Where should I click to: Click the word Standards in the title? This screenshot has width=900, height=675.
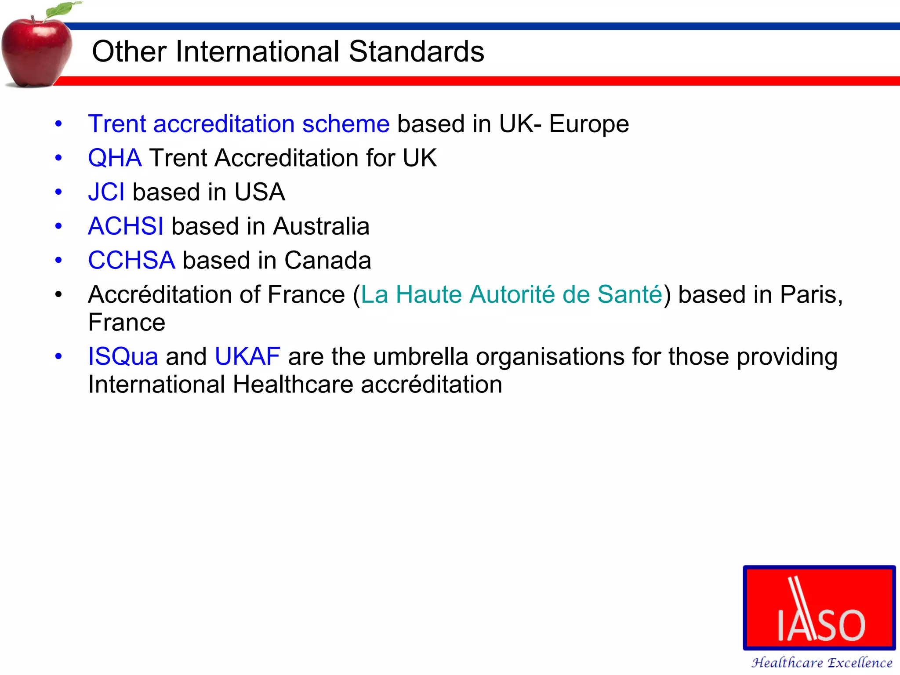[416, 51]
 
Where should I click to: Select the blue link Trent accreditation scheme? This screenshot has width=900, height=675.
[239, 124]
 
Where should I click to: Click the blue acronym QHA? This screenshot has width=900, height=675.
[115, 158]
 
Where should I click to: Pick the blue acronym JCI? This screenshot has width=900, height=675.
[106, 192]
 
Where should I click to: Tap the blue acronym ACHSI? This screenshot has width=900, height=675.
[126, 226]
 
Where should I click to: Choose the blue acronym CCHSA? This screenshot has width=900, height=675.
[131, 260]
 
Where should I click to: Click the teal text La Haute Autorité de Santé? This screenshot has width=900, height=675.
[511, 294]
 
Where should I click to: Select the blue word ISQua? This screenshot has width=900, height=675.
[123, 356]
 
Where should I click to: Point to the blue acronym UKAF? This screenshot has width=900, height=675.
[247, 356]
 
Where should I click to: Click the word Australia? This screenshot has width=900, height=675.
[321, 226]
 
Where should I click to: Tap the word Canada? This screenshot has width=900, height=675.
[327, 260]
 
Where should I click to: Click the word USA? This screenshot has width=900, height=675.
[260, 192]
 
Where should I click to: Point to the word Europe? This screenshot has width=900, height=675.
[589, 124]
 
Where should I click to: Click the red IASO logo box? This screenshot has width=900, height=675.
[819, 608]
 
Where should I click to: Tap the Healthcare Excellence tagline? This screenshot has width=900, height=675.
[822, 663]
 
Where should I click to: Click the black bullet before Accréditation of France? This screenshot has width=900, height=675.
[58, 294]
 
